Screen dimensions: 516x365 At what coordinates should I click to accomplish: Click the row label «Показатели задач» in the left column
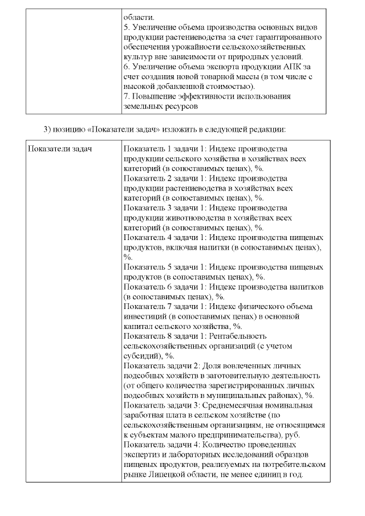(x=60, y=149)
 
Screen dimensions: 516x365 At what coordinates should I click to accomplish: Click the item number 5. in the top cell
(x=127, y=27)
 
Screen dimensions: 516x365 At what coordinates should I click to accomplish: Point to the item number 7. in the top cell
(x=127, y=96)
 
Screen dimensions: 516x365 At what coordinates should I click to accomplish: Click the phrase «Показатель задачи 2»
(x=161, y=365)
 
